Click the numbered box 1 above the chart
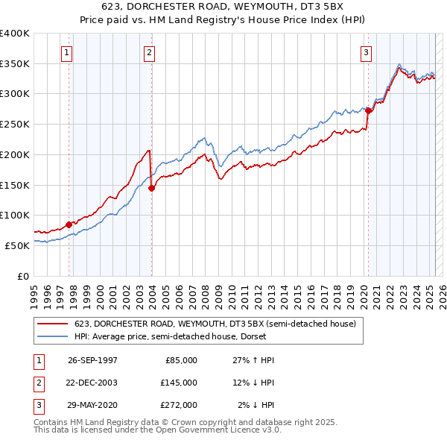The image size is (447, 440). pyautogui.click(x=67, y=52)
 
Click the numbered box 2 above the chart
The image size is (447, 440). pyautogui.click(x=150, y=52)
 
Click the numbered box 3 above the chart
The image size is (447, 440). pyautogui.click(x=367, y=52)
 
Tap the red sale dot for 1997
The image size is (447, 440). pyautogui.click(x=69, y=224)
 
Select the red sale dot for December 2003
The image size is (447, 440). pyautogui.click(x=152, y=188)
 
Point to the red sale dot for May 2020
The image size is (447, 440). pyautogui.click(x=368, y=110)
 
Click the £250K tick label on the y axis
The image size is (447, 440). pyautogui.click(x=15, y=124)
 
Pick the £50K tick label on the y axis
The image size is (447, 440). pyautogui.click(x=17, y=245)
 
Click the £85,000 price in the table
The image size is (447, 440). pyautogui.click(x=181, y=360)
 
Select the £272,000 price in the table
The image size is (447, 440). pyautogui.click(x=179, y=405)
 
